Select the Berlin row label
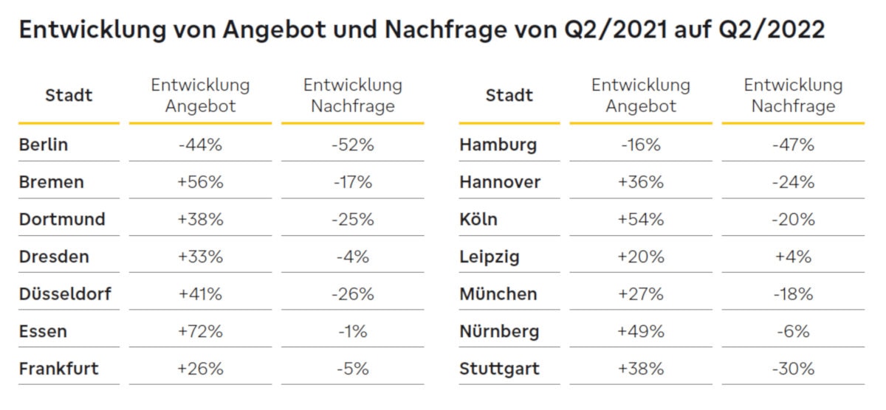(x=44, y=145)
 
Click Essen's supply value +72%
(x=200, y=331)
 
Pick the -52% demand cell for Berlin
(x=353, y=145)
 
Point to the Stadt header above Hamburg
(x=509, y=95)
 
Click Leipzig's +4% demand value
(x=793, y=257)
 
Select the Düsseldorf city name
(x=65, y=294)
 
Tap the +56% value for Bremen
(x=200, y=182)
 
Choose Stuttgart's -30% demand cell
(x=793, y=369)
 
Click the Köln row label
(x=478, y=220)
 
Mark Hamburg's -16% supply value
(x=641, y=145)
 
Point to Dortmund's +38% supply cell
(x=200, y=220)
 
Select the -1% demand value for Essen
(x=353, y=331)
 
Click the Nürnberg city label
(x=499, y=331)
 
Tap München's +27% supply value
(x=641, y=294)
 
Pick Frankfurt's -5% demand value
(x=353, y=369)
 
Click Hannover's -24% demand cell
(x=793, y=182)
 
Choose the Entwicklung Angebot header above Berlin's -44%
(x=200, y=95)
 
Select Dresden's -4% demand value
(x=353, y=257)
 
